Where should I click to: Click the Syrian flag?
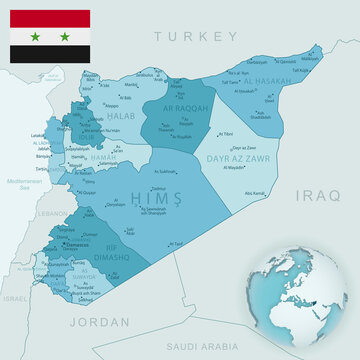(50, 36)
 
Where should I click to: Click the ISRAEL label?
(15, 298)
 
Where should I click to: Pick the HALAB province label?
(121, 117)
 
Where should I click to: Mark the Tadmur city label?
(159, 188)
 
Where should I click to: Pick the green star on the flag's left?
(36, 36)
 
